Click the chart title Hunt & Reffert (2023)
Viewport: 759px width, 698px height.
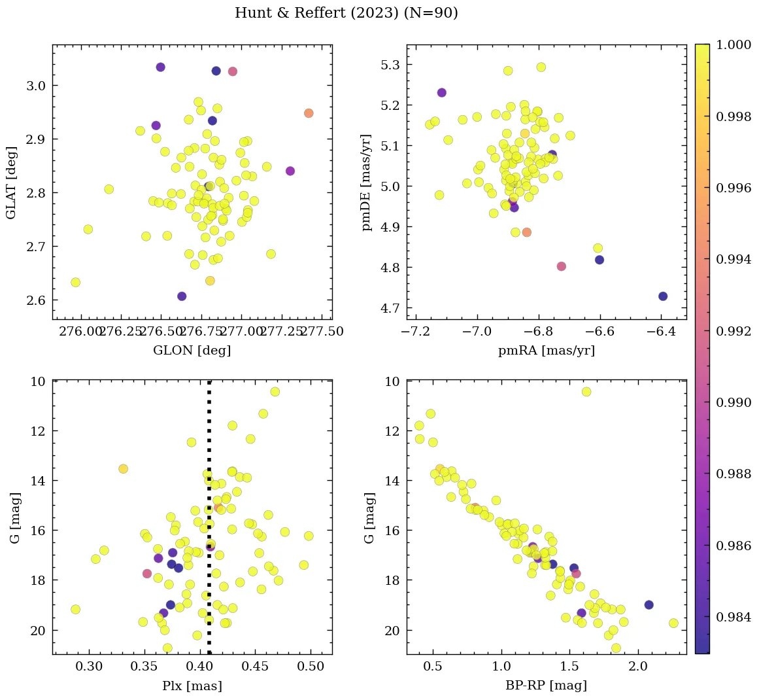coord(346,13)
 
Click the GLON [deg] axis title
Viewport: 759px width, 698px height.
coord(192,351)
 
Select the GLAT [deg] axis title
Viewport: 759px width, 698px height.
coord(11,183)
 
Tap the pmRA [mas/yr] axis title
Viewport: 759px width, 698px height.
coord(547,351)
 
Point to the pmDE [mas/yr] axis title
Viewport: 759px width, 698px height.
coord(367,183)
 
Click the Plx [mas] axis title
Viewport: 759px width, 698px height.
coord(192,686)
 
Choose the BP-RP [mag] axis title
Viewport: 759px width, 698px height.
coord(547,686)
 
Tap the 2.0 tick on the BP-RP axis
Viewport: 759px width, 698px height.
coord(638,667)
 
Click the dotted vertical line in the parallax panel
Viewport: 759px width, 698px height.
coord(209,556)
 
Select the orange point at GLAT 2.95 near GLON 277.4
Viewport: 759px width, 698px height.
coord(309,113)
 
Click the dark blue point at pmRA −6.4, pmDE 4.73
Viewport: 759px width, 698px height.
coord(663,296)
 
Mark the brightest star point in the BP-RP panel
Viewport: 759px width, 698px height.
coord(586,392)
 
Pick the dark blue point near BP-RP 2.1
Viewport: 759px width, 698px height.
coord(649,605)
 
